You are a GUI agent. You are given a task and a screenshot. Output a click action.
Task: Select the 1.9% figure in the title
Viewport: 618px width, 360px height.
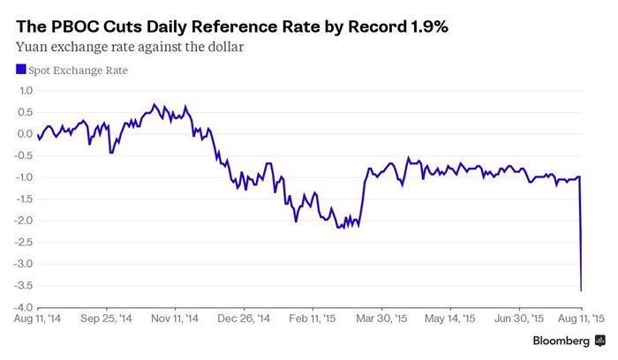click(x=426, y=27)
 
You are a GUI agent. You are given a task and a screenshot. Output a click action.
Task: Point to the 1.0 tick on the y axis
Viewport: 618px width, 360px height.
click(x=25, y=90)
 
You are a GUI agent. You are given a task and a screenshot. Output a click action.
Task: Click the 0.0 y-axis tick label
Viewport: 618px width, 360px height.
click(x=25, y=134)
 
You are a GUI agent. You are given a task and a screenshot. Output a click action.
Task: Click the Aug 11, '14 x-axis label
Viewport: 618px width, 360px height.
click(x=37, y=319)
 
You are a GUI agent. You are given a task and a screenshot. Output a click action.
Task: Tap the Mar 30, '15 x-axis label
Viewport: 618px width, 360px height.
click(x=382, y=319)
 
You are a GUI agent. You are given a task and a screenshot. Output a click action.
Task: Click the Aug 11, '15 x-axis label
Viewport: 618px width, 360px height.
click(x=579, y=319)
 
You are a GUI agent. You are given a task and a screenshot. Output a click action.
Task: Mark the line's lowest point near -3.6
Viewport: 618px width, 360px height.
click(x=581, y=289)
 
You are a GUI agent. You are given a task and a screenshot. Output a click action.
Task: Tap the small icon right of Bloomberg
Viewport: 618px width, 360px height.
click(x=599, y=341)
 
